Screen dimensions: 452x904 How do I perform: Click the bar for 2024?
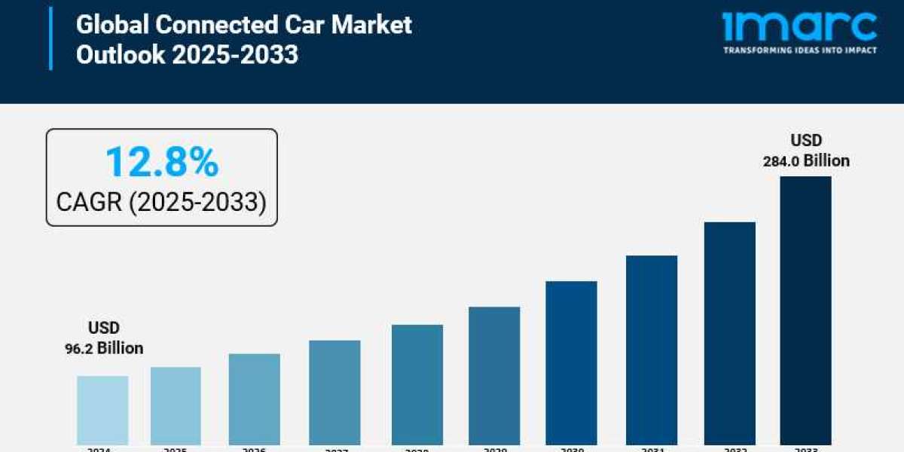click(x=102, y=411)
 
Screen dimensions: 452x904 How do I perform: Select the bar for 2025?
click(x=176, y=406)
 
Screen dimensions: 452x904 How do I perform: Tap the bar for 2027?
click(x=334, y=392)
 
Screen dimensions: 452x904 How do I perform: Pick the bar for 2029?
click(x=494, y=376)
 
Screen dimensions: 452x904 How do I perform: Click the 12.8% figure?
click(x=162, y=162)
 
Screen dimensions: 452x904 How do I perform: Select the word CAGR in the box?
click(x=90, y=202)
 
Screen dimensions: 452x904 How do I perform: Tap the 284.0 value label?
click(x=781, y=160)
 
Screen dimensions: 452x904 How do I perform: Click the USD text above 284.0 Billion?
click(x=805, y=140)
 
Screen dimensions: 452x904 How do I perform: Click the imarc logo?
click(x=799, y=26)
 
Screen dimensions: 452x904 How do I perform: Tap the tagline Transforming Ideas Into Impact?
click(x=799, y=50)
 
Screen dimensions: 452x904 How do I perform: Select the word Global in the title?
click(x=114, y=25)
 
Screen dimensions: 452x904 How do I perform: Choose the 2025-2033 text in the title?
click(x=235, y=55)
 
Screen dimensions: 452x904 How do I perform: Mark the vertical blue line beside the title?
click(x=51, y=38)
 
